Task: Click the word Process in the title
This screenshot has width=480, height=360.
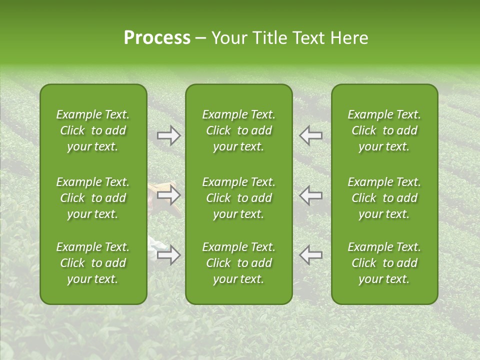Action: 157,38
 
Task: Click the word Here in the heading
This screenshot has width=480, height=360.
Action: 349,38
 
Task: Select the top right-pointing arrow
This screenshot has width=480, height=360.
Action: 169,135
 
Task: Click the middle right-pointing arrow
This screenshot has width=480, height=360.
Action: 169,195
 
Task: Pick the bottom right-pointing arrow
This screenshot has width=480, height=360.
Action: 169,255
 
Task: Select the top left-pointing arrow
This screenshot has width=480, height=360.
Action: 310,135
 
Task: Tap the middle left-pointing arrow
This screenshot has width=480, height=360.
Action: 310,195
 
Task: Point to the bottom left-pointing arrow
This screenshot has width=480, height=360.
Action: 310,255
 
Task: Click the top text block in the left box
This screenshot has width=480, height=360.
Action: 93,130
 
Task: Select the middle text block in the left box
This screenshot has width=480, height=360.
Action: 93,198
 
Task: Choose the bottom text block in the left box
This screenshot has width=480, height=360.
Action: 93,263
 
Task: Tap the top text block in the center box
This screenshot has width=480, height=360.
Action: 238,130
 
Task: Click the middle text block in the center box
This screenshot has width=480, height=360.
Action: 238,198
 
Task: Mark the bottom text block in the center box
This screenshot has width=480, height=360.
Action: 238,263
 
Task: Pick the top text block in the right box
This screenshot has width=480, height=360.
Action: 384,130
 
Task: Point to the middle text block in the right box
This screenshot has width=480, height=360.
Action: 384,198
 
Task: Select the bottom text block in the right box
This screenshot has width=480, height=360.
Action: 384,263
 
